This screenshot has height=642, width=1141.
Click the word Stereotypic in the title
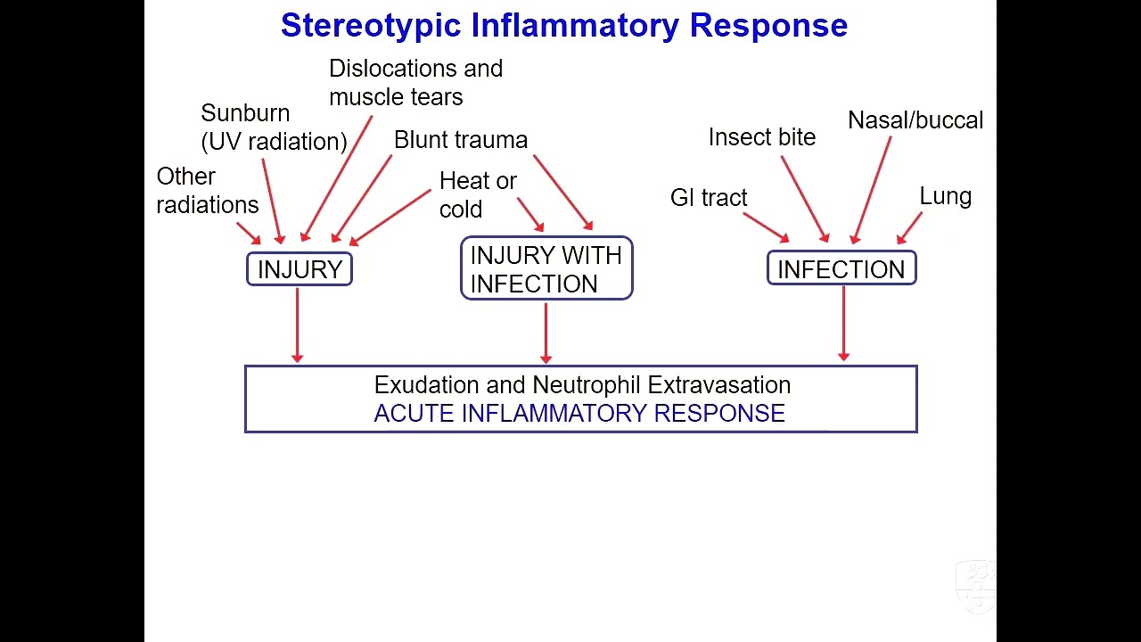coord(371,26)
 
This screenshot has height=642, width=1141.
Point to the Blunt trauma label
coord(461,140)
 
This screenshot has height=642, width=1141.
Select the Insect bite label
coord(762,137)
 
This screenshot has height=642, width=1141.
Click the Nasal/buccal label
coord(915,120)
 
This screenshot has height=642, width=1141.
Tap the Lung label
coord(946,197)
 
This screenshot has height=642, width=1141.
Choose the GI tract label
coord(709,198)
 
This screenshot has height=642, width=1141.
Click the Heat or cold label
coord(478,194)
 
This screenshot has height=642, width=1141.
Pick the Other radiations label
coord(208,191)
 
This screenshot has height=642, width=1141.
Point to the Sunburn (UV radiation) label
coord(274,128)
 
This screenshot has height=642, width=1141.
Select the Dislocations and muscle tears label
coord(415,83)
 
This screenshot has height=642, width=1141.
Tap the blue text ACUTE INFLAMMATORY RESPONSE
coord(579,413)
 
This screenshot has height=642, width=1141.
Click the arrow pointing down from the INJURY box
coord(298,325)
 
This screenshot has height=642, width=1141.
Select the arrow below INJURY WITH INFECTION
coord(546,333)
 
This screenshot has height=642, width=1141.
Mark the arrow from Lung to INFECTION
coord(910,228)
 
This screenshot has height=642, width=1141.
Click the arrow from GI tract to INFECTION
coord(766,227)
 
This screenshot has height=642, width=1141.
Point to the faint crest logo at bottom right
coord(976,587)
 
